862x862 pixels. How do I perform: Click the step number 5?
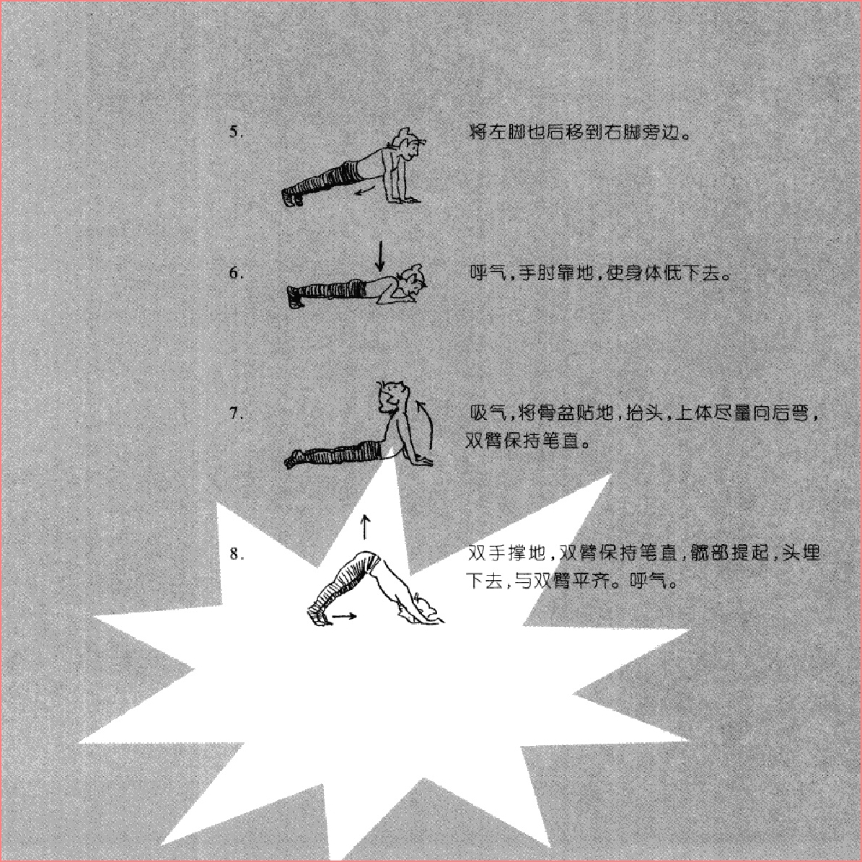(234, 132)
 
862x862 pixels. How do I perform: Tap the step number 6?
(235, 273)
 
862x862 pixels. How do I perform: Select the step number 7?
(235, 413)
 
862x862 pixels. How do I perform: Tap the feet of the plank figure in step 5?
(292, 196)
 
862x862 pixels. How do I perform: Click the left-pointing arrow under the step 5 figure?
(364, 190)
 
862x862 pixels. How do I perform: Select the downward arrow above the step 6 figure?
(379, 255)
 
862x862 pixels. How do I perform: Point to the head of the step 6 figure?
(413, 282)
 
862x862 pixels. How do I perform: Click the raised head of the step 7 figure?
(393, 396)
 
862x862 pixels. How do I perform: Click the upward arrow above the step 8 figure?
(364, 527)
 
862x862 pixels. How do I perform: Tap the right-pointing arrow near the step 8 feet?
(345, 616)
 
